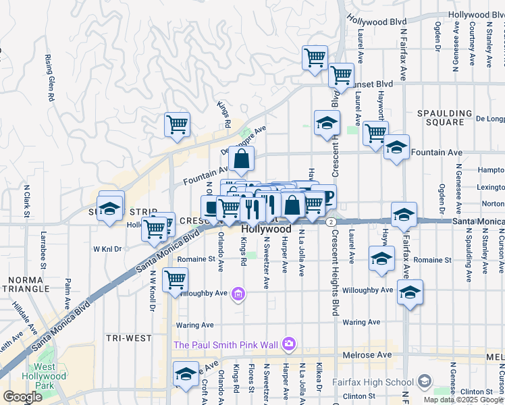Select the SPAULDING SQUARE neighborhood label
(444, 117)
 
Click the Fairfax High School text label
(372, 382)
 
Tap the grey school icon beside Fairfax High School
(423, 381)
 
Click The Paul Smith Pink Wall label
(226, 345)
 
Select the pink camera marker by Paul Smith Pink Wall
(289, 345)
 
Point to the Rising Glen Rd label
(49, 78)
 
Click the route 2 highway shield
(330, 221)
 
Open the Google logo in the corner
(22, 396)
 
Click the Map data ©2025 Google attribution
(464, 400)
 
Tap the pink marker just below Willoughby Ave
(238, 294)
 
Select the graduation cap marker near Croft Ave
(186, 374)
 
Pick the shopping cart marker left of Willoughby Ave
(176, 278)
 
